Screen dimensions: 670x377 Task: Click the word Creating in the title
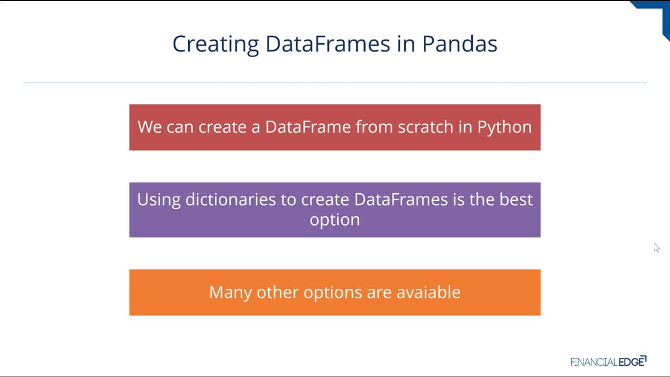216,44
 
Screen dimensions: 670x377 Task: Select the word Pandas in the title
460,44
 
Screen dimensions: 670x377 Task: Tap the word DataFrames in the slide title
328,44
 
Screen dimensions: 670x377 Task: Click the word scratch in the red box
426,127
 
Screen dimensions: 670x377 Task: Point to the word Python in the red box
504,127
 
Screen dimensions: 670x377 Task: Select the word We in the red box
150,127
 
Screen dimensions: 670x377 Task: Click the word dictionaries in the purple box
230,199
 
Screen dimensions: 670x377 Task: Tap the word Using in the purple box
159,200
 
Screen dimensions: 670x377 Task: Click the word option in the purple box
334,220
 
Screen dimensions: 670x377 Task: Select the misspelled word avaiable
428,292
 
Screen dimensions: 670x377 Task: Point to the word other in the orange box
277,292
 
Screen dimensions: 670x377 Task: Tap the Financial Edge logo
609,361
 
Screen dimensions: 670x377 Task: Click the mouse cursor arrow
657,248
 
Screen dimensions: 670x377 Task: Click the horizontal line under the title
335,83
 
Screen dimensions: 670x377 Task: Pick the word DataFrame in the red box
308,127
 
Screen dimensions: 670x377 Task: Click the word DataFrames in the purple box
401,199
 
